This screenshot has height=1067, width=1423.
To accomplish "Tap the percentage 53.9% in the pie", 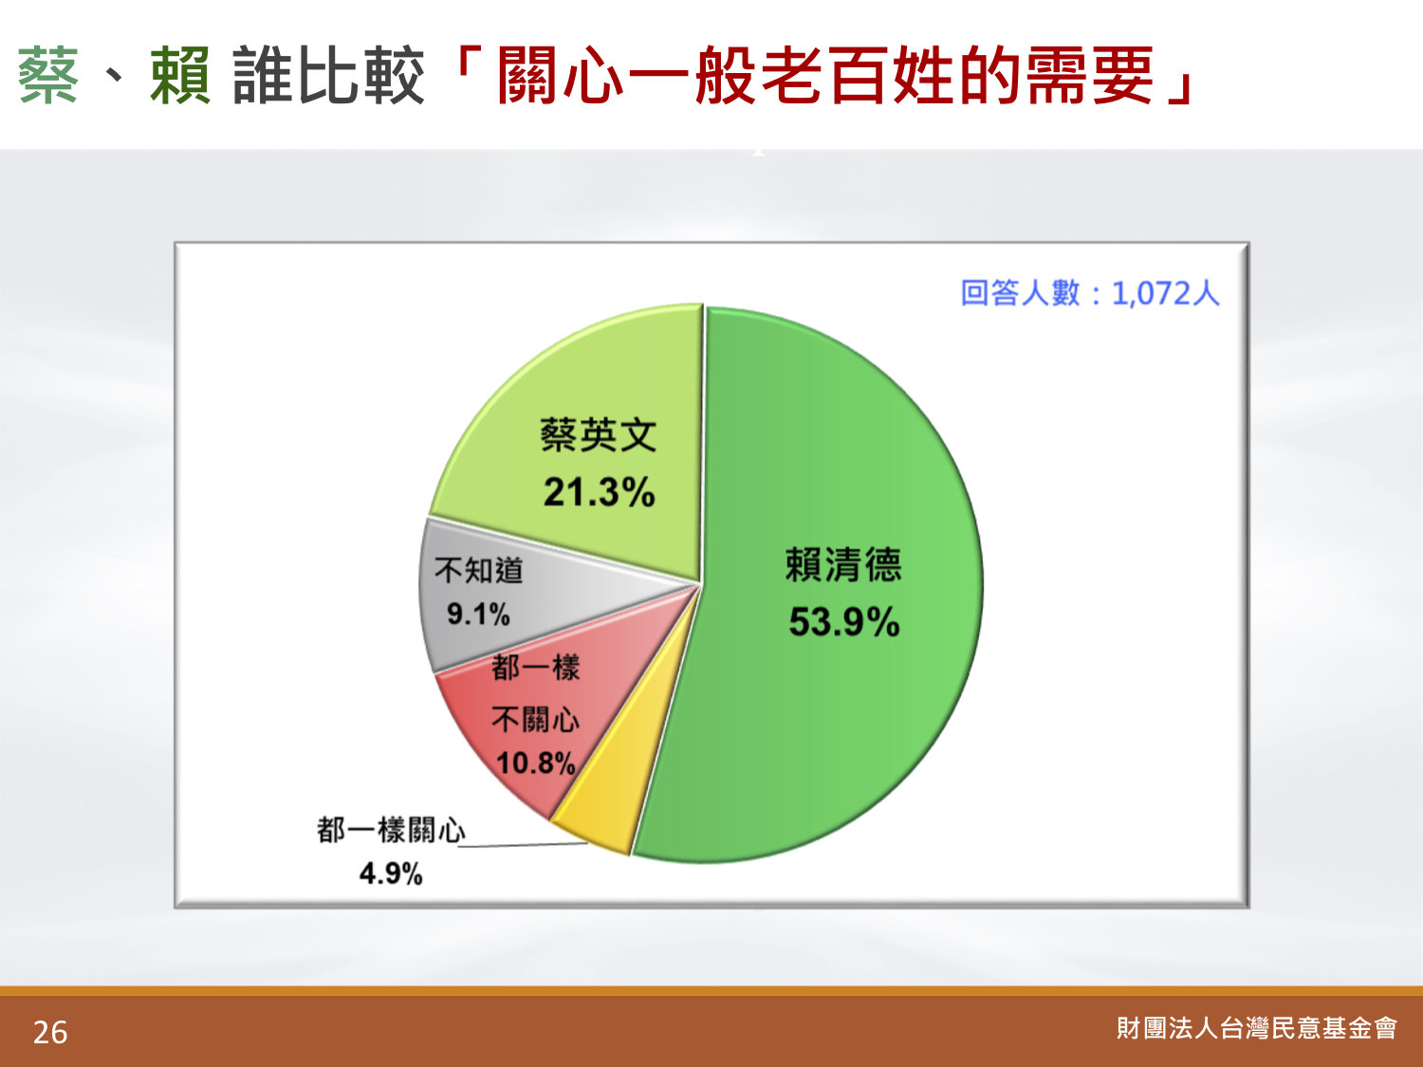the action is tap(844, 622).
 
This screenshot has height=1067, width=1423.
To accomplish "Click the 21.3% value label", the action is tap(599, 491).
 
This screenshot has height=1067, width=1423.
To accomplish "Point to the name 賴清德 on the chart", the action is tap(843, 565).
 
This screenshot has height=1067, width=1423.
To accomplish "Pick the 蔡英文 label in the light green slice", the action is tap(599, 434).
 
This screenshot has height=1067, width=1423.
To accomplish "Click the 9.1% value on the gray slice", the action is tap(478, 614).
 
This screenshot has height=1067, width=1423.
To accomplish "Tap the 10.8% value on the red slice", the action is tap(535, 763).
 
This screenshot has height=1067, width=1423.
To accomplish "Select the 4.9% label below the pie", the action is tap(391, 874).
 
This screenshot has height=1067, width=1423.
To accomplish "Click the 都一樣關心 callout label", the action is tap(391, 830).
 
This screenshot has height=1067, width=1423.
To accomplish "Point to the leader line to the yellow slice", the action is tap(526, 845).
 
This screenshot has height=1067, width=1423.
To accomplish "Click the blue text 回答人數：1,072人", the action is tap(1090, 293).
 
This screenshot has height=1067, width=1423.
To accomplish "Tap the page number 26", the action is tap(50, 1033).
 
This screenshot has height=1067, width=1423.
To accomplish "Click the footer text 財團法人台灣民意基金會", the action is tap(1256, 1028).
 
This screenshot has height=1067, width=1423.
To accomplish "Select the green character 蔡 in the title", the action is tap(48, 75).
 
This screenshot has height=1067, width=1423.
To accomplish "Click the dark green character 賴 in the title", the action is tap(180, 75).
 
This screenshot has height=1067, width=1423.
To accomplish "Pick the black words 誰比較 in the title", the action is tap(328, 75).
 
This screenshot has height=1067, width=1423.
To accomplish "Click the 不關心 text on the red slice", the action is tap(535, 720).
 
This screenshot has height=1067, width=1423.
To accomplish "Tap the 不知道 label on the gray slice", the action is tap(478, 570).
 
